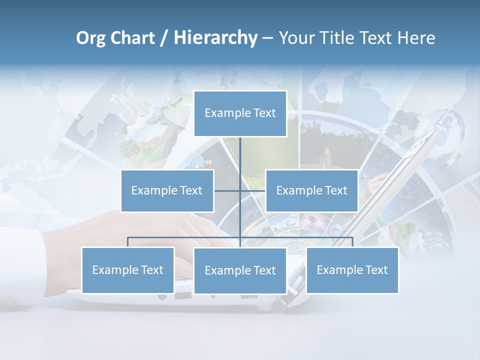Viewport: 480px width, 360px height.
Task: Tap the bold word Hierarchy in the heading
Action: tap(215, 38)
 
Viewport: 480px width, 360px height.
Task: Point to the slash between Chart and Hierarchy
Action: tap(163, 38)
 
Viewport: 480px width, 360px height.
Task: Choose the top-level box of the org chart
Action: tap(240, 113)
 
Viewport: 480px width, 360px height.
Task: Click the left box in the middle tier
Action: tap(167, 190)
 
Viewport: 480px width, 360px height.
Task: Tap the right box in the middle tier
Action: tap(311, 190)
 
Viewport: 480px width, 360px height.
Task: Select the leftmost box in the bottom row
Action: tap(127, 270)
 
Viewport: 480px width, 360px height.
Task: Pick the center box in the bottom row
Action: tap(240, 270)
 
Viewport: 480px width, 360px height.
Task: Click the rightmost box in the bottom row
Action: tap(352, 270)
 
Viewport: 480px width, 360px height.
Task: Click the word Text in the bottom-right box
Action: tap(376, 270)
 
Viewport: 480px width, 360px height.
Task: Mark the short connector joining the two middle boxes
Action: tap(252, 190)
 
